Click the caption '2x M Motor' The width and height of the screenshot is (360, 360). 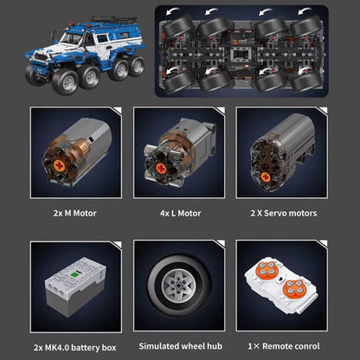[74, 213]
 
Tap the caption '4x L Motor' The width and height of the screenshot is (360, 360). [180, 213]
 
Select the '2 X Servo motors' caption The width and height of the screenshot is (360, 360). [284, 213]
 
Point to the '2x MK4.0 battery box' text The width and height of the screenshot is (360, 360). [75, 348]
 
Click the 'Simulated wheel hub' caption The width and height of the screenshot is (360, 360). [181, 346]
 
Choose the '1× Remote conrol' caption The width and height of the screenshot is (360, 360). [284, 346]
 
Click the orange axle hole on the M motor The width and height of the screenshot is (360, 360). [59, 165]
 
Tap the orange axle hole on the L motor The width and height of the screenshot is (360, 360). [161, 169]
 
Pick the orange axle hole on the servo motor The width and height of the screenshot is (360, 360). [266, 177]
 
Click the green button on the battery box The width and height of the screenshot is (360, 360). [75, 274]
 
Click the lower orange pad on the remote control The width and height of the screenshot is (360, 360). [293, 288]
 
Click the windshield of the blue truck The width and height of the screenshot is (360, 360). [72, 38]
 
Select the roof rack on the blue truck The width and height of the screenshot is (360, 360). [115, 20]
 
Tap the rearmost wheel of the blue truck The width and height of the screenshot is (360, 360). [137, 66]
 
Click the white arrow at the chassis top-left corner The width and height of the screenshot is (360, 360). [172, 11]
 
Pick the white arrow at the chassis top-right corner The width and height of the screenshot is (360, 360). [305, 11]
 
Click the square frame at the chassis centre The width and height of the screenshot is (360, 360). [241, 55]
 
